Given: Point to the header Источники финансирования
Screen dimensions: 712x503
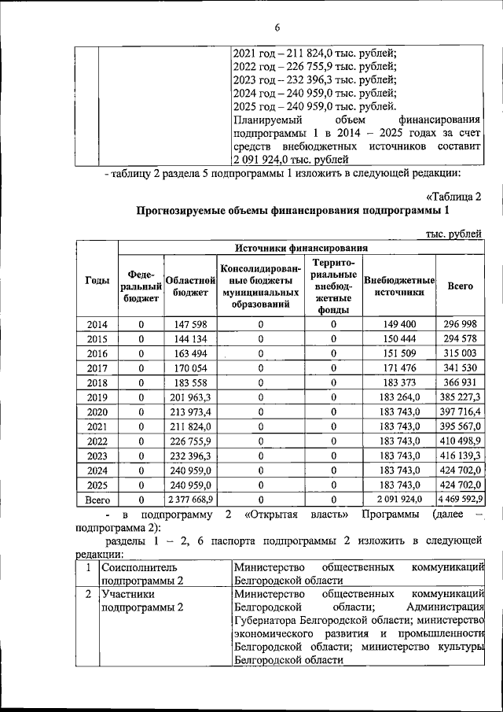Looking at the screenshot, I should click(301, 248).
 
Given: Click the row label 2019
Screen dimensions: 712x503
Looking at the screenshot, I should click(97, 397).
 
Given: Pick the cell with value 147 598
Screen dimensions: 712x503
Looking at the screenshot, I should click(188, 325).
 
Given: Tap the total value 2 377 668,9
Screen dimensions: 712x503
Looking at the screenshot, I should click(188, 499).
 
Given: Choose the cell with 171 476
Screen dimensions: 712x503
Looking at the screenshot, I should click(399, 367).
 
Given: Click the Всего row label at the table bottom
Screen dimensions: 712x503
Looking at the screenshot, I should click(97, 499).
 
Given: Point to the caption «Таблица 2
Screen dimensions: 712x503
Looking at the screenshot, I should click(453, 196).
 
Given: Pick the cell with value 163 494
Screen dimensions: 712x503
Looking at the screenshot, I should click(188, 353).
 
